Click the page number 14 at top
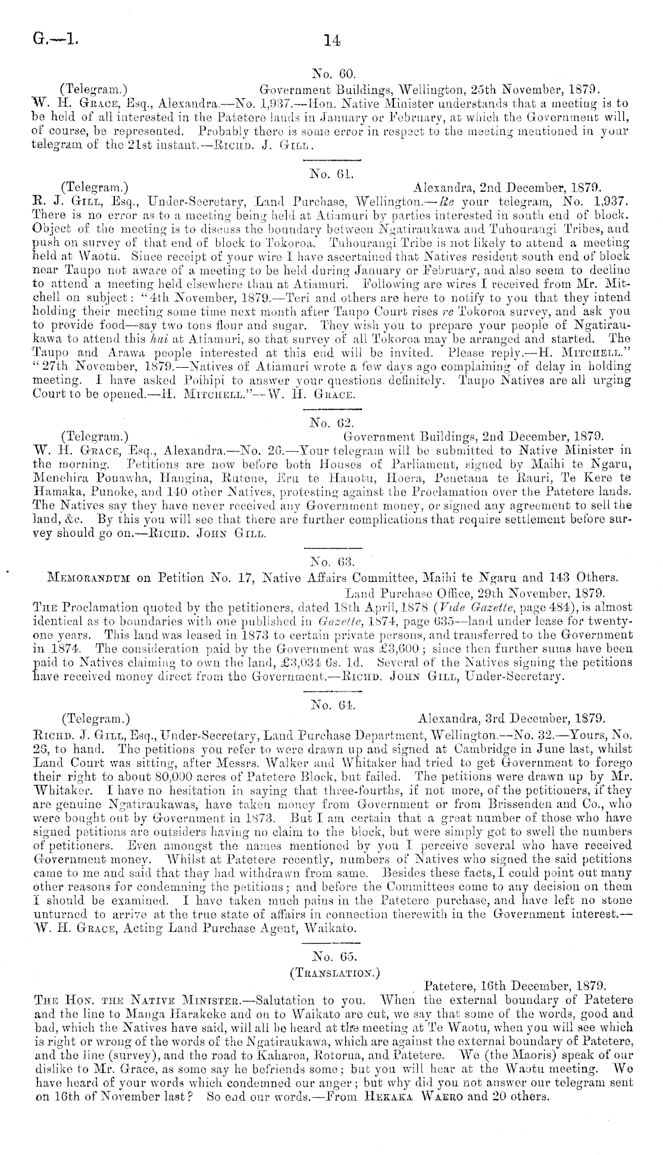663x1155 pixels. (331, 40)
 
